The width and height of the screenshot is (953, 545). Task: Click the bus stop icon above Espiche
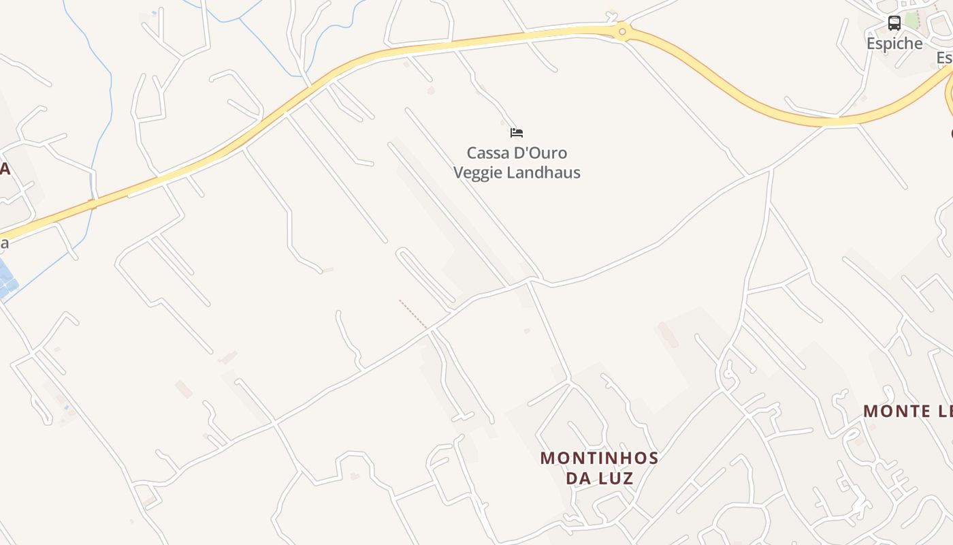tap(894, 23)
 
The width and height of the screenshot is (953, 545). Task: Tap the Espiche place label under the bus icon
tap(894, 44)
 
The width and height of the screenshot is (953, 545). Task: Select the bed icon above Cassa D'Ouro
tap(517, 132)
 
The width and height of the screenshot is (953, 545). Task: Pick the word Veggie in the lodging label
tap(476, 172)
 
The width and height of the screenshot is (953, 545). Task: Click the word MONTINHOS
tap(599, 458)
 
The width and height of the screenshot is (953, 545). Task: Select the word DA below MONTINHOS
tap(578, 478)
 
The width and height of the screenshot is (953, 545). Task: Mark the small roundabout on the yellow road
tap(621, 31)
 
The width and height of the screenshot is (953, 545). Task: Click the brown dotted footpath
tap(413, 314)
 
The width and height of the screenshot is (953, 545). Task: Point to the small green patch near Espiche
tap(911, 20)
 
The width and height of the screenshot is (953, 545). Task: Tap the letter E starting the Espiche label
tap(871, 44)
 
